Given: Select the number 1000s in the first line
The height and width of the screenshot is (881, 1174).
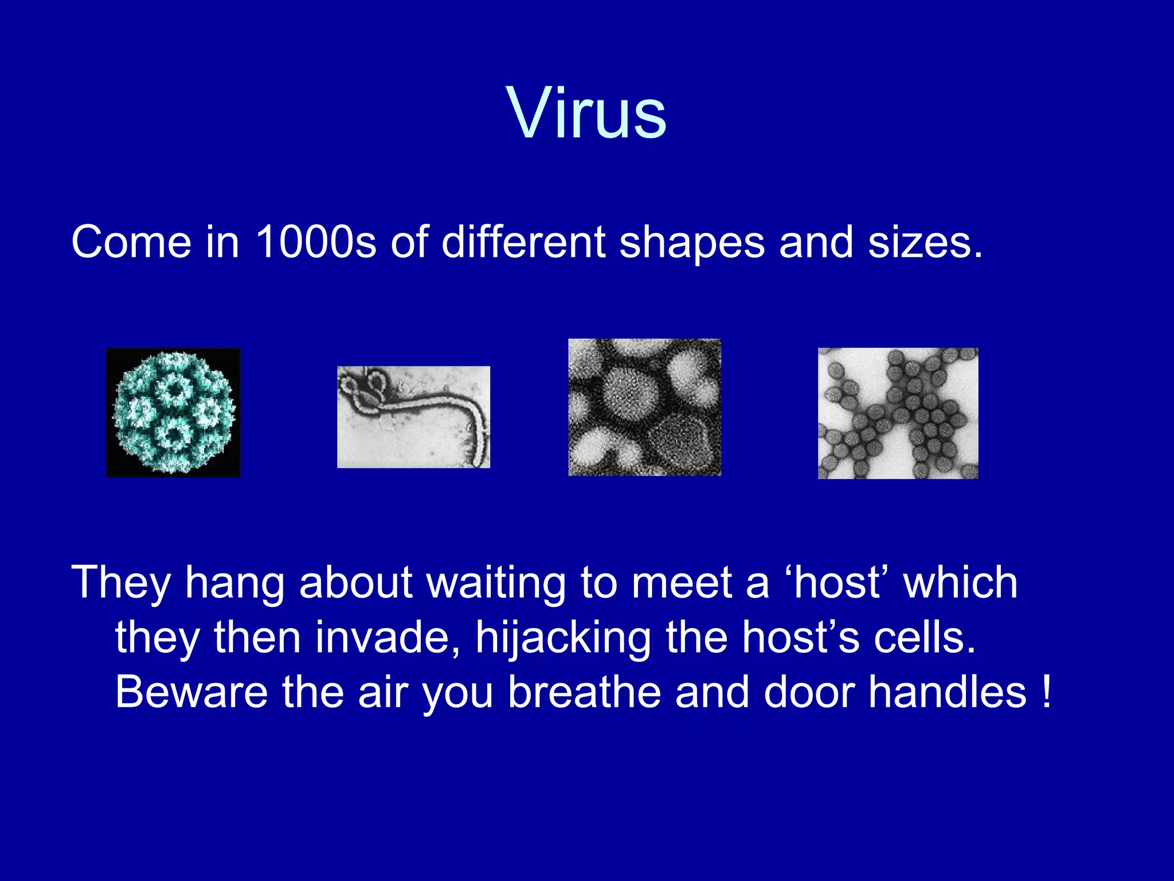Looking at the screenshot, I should (x=315, y=242).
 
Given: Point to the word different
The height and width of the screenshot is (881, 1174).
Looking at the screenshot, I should (x=523, y=242).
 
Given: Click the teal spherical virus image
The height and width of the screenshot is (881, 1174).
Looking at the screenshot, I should (x=173, y=412).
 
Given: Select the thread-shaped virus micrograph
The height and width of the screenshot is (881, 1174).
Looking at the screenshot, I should (x=413, y=417).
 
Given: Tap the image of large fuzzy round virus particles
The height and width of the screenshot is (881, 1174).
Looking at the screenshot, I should (x=644, y=407).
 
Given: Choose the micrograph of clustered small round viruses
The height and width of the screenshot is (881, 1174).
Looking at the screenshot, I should (x=898, y=413).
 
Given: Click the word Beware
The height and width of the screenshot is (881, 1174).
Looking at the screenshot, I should (x=191, y=692).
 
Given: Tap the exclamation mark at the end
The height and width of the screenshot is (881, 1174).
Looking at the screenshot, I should (x=1047, y=692).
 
